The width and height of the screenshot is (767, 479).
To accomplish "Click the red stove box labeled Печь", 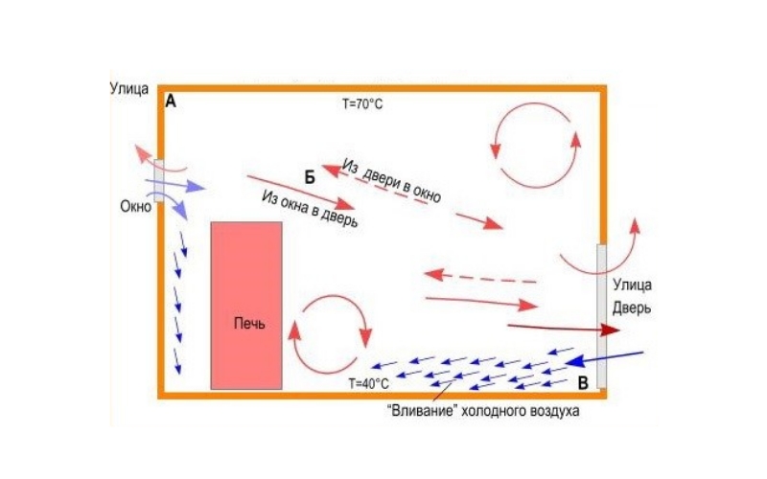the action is coord(246,306).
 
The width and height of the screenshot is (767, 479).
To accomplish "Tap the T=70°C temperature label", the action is coord(362,103).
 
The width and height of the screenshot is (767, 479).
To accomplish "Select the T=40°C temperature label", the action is coord(369,384).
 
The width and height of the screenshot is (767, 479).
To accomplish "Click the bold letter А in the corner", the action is coord(171,102).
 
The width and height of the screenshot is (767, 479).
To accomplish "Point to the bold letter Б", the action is coord(310,178).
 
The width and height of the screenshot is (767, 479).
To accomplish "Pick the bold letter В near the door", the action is coord(583,383).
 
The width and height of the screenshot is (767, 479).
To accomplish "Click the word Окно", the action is coord(135,206).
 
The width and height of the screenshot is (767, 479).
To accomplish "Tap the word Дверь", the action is coord(632,308).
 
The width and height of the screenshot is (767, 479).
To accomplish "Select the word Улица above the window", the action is coord(129,89).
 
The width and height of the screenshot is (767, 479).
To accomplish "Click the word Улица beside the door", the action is coord(632,285).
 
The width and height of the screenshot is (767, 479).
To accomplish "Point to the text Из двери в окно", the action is coord(391,181).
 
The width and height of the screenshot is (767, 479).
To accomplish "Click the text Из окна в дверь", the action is coord(310,209).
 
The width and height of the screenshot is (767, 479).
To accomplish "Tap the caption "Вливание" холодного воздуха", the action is coord(483,410).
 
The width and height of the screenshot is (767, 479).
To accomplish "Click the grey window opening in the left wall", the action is coord(158,180).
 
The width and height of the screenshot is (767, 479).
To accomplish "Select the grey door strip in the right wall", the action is coord(601,316).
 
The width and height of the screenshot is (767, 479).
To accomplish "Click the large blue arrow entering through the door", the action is coord(605,358).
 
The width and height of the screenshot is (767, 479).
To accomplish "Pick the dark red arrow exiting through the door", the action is coord(564,328).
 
